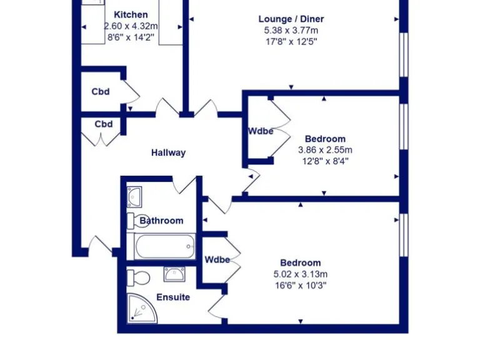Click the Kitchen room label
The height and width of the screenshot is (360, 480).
point(131,14)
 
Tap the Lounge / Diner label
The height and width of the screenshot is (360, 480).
point(291,19)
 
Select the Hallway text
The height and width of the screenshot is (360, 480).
point(168,152)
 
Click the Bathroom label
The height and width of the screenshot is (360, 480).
point(162,221)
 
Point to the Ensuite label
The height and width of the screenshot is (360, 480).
point(173,297)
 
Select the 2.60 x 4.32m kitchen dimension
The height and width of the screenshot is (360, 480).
point(131,25)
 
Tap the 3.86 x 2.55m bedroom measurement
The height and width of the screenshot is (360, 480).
point(325,150)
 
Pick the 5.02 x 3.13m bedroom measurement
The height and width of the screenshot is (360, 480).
point(301,274)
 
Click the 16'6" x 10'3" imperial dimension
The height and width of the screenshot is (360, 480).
point(301,285)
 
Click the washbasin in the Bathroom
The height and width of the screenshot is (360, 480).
point(135,196)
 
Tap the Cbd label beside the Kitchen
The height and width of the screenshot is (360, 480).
point(101,92)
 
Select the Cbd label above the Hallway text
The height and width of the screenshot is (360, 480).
point(104,124)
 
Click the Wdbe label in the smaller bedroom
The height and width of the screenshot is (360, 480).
point(261,131)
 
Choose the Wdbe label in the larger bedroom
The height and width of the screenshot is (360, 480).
point(217,260)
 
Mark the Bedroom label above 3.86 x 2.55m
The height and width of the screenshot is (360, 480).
point(325,139)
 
